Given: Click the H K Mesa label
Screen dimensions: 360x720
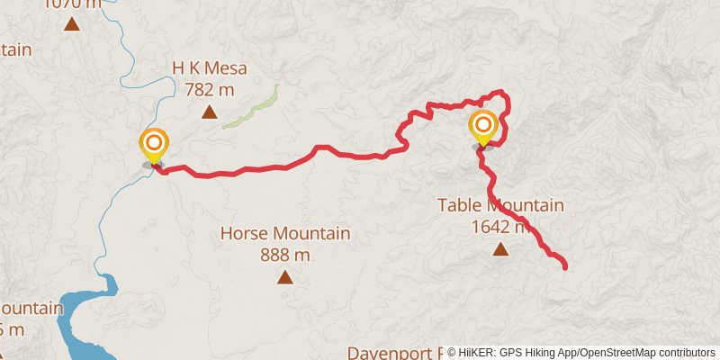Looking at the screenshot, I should pyautogui.click(x=209, y=67).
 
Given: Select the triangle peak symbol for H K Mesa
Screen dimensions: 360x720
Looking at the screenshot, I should pyautogui.click(x=209, y=112).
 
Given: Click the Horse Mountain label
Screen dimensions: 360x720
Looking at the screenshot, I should pyautogui.click(x=285, y=234).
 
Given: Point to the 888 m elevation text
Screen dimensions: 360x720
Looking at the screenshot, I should pyautogui.click(x=285, y=255).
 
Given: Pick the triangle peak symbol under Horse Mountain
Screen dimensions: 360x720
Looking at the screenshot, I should pyautogui.click(x=285, y=277).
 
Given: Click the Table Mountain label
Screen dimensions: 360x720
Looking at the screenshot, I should pyautogui.click(x=500, y=205).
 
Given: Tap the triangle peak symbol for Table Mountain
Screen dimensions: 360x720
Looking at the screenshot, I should pyautogui.click(x=500, y=248).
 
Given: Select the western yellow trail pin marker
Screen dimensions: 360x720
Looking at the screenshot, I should pyautogui.click(x=154, y=147).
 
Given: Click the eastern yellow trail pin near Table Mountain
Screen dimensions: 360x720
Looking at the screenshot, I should pyautogui.click(x=483, y=127).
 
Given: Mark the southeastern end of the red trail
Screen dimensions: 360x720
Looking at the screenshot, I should pyautogui.click(x=564, y=266).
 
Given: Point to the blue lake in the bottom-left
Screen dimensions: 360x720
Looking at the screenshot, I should pyautogui.click(x=81, y=306).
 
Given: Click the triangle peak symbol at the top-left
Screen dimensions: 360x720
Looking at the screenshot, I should pyautogui.click(x=72, y=24).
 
